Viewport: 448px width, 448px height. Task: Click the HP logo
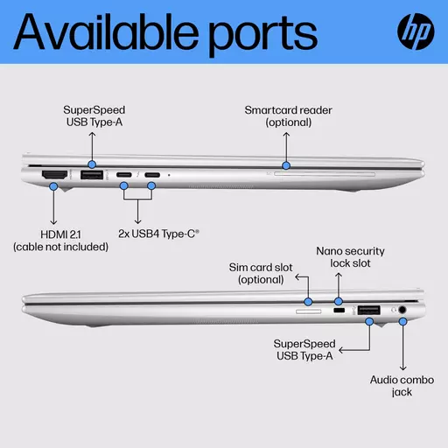[416, 31]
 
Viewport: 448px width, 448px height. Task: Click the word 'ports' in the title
[262, 35]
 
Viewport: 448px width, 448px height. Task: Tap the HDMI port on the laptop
[54, 175]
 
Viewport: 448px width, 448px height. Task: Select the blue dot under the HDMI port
[53, 186]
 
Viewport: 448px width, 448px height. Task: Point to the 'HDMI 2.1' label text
[60, 234]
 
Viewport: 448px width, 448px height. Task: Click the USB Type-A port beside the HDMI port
[92, 175]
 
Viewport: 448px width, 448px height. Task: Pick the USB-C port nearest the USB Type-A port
[124, 175]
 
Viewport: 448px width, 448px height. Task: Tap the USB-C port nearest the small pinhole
[152, 175]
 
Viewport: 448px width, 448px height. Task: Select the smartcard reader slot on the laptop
[325, 174]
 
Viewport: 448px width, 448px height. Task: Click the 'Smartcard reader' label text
[288, 110]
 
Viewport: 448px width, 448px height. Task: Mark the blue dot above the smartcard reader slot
[286, 165]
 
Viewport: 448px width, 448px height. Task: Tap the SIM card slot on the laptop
[309, 311]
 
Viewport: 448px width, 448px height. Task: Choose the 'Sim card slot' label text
[261, 268]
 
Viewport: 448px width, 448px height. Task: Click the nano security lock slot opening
[339, 310]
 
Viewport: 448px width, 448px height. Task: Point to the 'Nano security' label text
[350, 251]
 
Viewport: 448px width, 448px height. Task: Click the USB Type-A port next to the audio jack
[368, 310]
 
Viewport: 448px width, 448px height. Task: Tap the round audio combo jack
[402, 310]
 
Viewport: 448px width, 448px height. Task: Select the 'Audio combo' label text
[402, 380]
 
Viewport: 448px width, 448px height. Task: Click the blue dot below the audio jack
[402, 322]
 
